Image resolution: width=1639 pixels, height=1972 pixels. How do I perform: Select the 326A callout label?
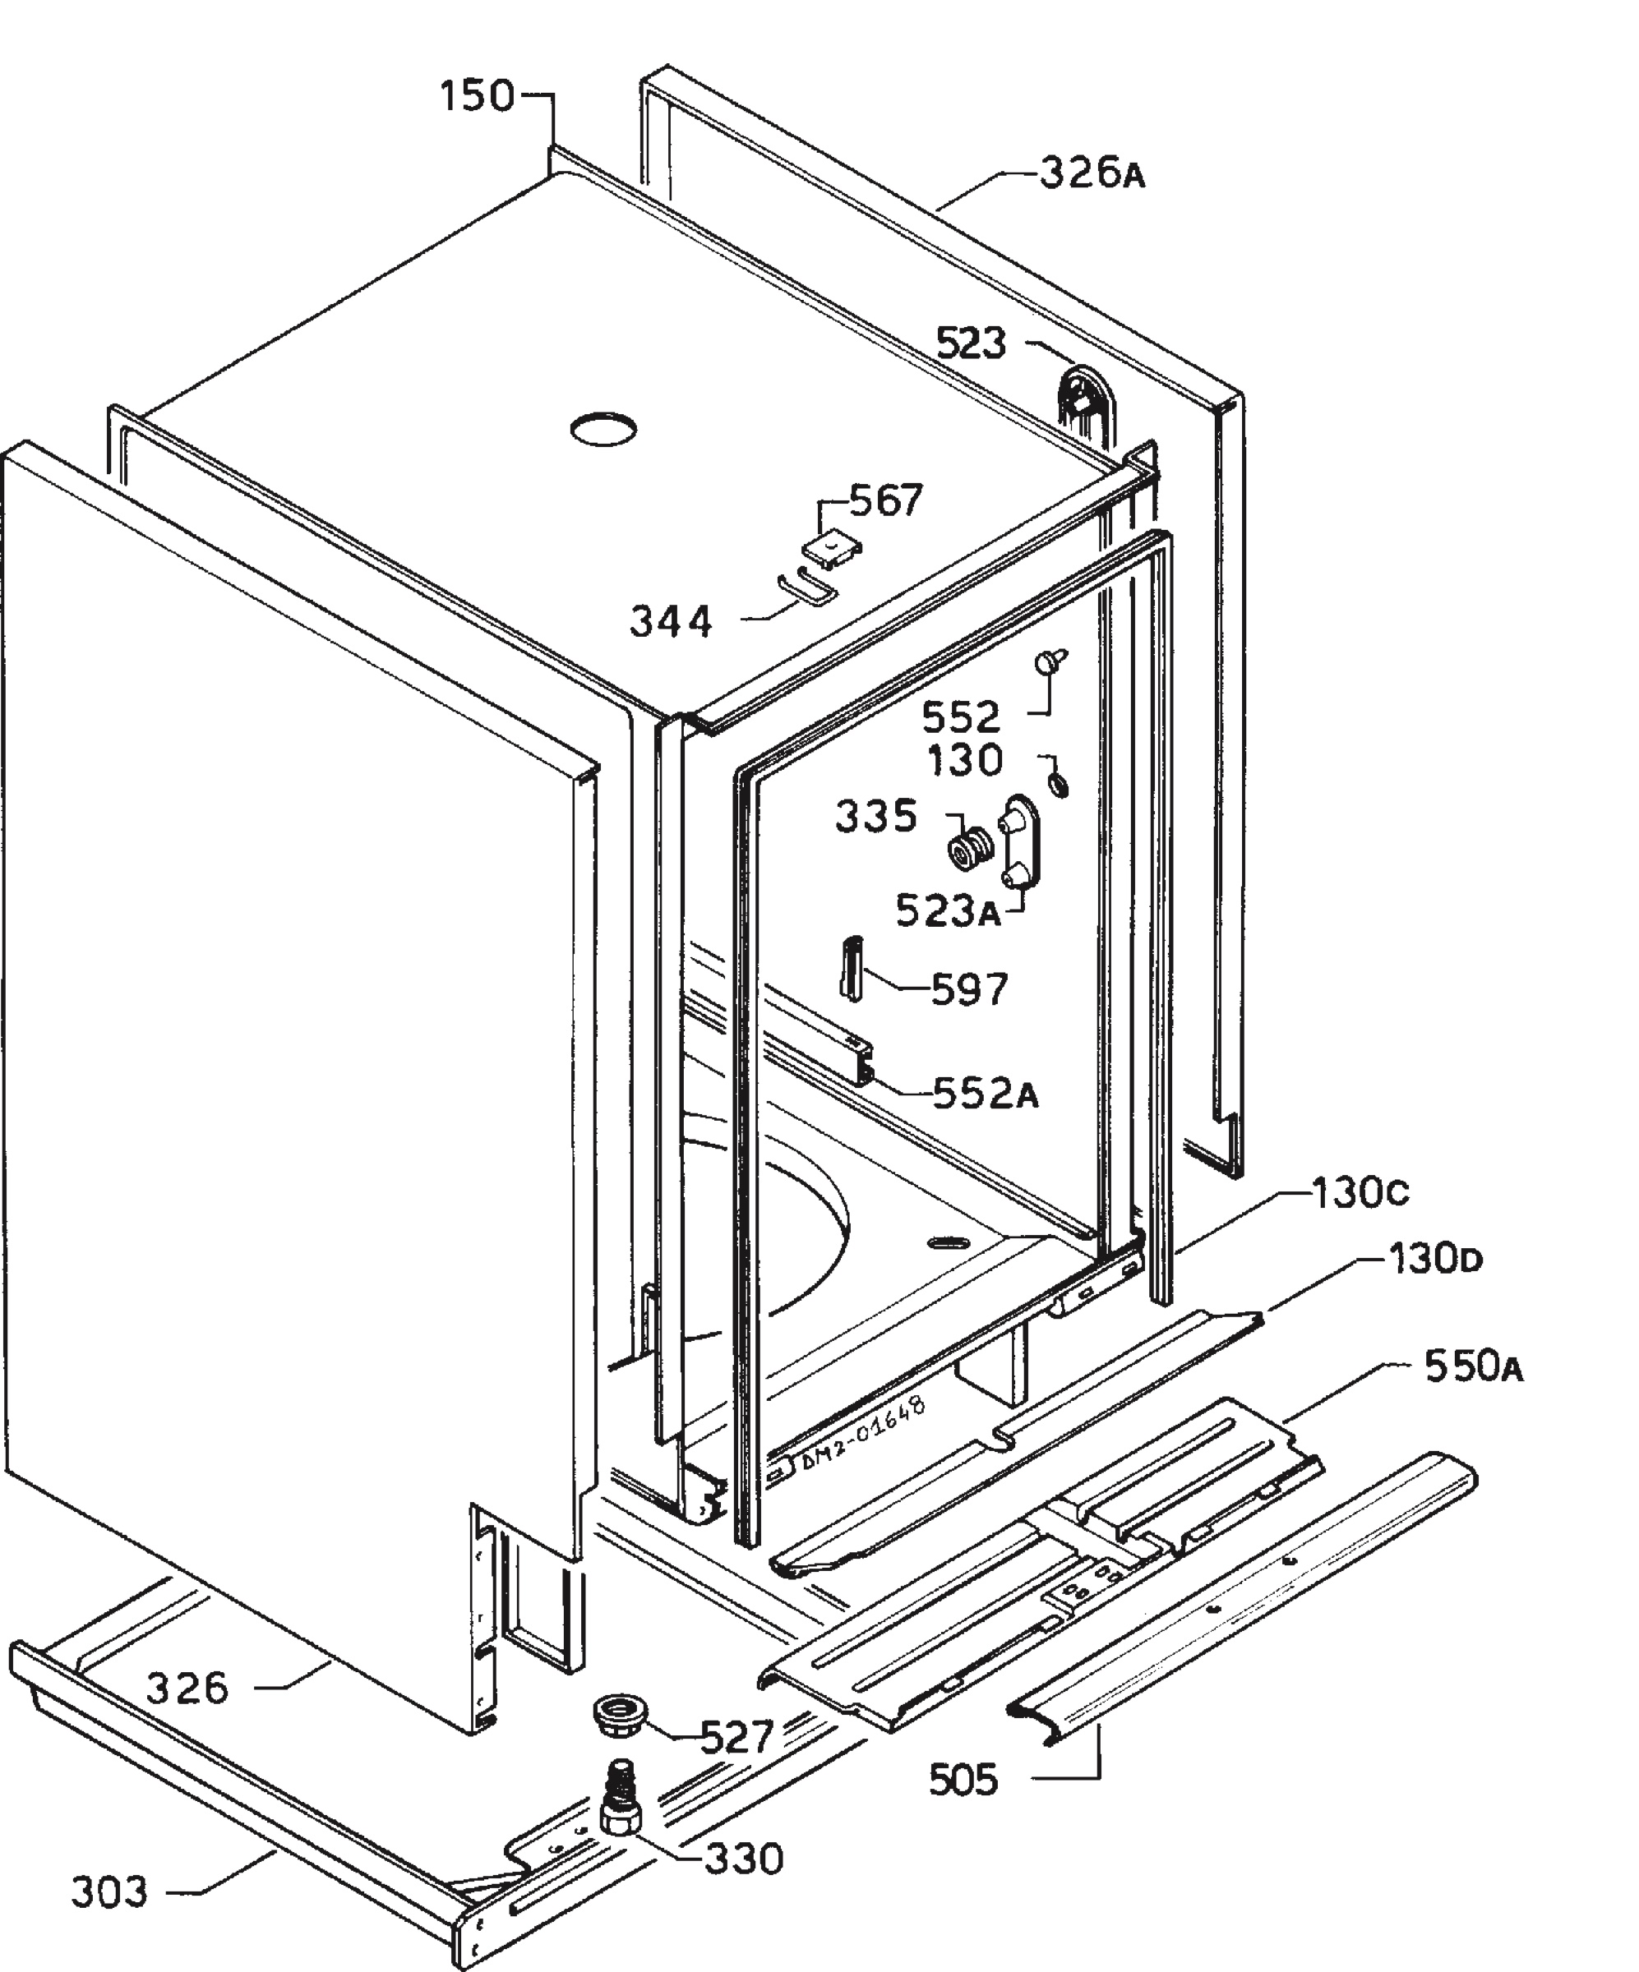tap(1092, 173)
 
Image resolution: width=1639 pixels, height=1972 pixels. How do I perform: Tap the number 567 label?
tap(887, 500)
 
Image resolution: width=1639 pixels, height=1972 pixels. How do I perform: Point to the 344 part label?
tap(671, 622)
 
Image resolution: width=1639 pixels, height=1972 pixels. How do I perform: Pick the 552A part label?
tap(986, 1094)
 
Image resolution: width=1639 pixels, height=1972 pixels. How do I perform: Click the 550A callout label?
tap(1474, 1366)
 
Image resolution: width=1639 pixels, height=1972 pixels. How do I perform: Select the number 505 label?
tap(963, 1780)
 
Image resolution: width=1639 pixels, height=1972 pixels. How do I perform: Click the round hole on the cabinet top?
tap(603, 428)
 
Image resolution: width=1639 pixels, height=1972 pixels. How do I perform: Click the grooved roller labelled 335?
tap(968, 849)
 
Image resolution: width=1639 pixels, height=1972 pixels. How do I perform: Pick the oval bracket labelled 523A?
tap(1020, 843)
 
